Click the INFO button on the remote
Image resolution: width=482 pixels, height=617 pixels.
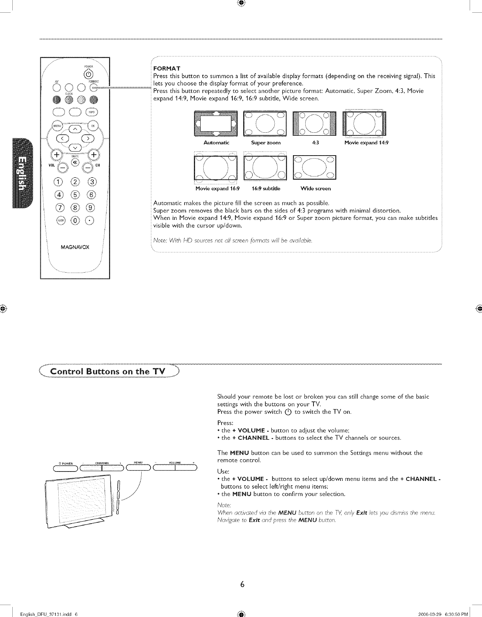92,112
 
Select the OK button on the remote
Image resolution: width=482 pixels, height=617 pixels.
93,126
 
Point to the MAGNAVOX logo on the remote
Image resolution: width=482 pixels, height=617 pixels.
75,248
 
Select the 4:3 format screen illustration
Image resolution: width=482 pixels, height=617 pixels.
315,124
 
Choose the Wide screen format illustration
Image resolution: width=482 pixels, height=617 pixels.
315,167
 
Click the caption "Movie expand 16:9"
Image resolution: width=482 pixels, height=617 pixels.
217,188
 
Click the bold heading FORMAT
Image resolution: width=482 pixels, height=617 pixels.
167,68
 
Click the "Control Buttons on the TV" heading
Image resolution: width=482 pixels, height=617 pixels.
108,371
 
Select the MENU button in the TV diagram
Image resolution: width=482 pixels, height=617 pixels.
138,468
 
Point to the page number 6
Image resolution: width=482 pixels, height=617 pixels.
242,584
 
